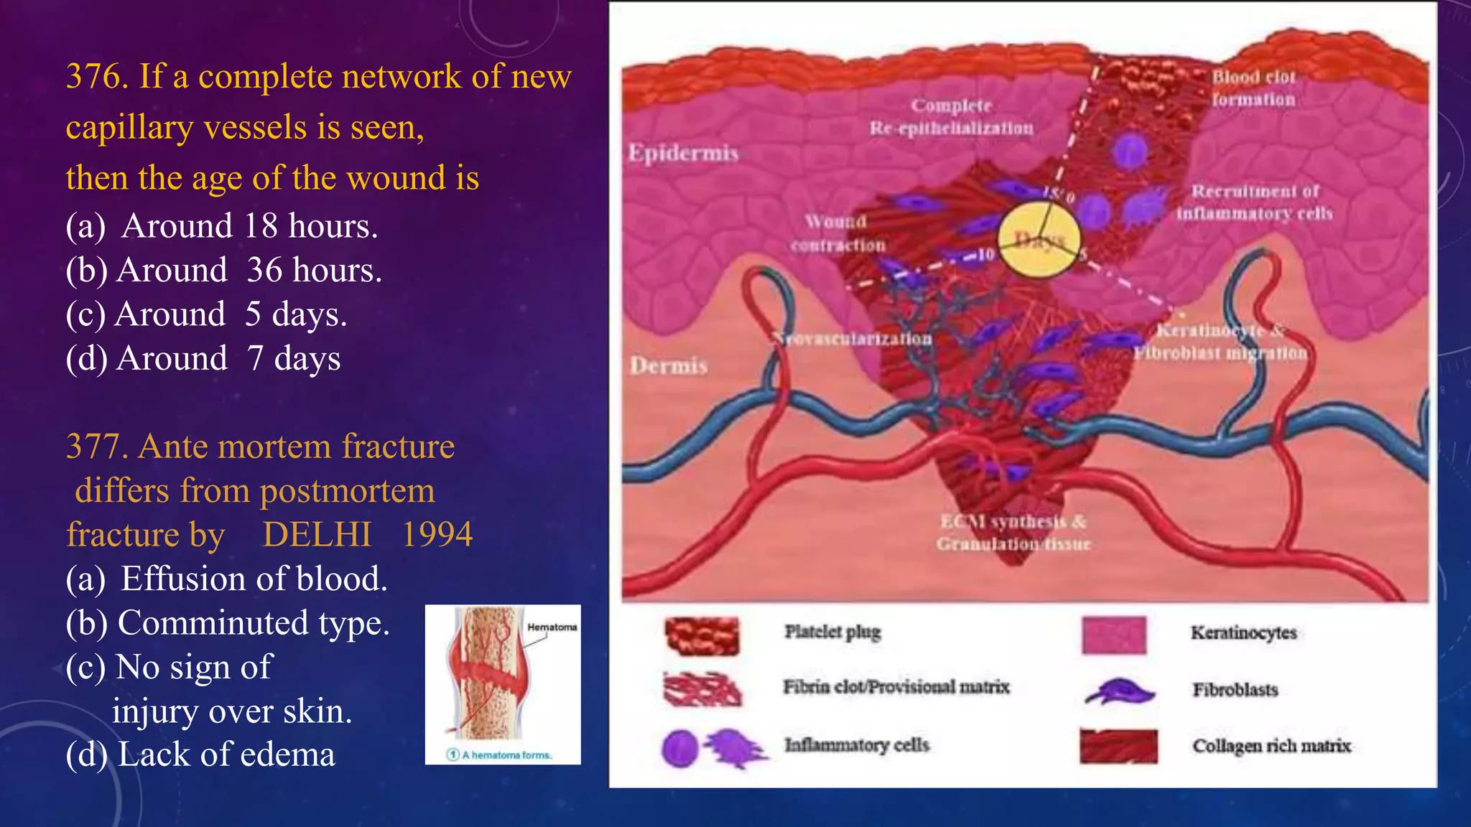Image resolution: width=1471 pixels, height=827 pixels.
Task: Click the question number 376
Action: point(96,77)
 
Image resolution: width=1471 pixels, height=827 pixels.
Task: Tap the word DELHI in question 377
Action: point(317,535)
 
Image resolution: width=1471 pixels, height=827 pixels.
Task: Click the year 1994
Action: point(437,535)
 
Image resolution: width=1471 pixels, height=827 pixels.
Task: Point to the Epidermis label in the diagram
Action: point(683,153)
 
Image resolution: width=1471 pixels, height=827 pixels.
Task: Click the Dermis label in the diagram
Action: point(669,366)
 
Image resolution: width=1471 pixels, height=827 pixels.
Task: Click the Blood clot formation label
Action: point(1253,88)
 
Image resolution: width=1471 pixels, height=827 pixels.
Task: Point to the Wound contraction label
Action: point(837,233)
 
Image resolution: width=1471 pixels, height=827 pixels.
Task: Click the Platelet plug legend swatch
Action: point(702,635)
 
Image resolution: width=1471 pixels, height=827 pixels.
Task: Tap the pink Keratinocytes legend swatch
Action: point(1113,635)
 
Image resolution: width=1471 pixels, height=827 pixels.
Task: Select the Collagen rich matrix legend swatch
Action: point(1118,747)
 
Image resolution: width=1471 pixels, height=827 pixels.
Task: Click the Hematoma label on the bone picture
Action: point(552,627)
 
